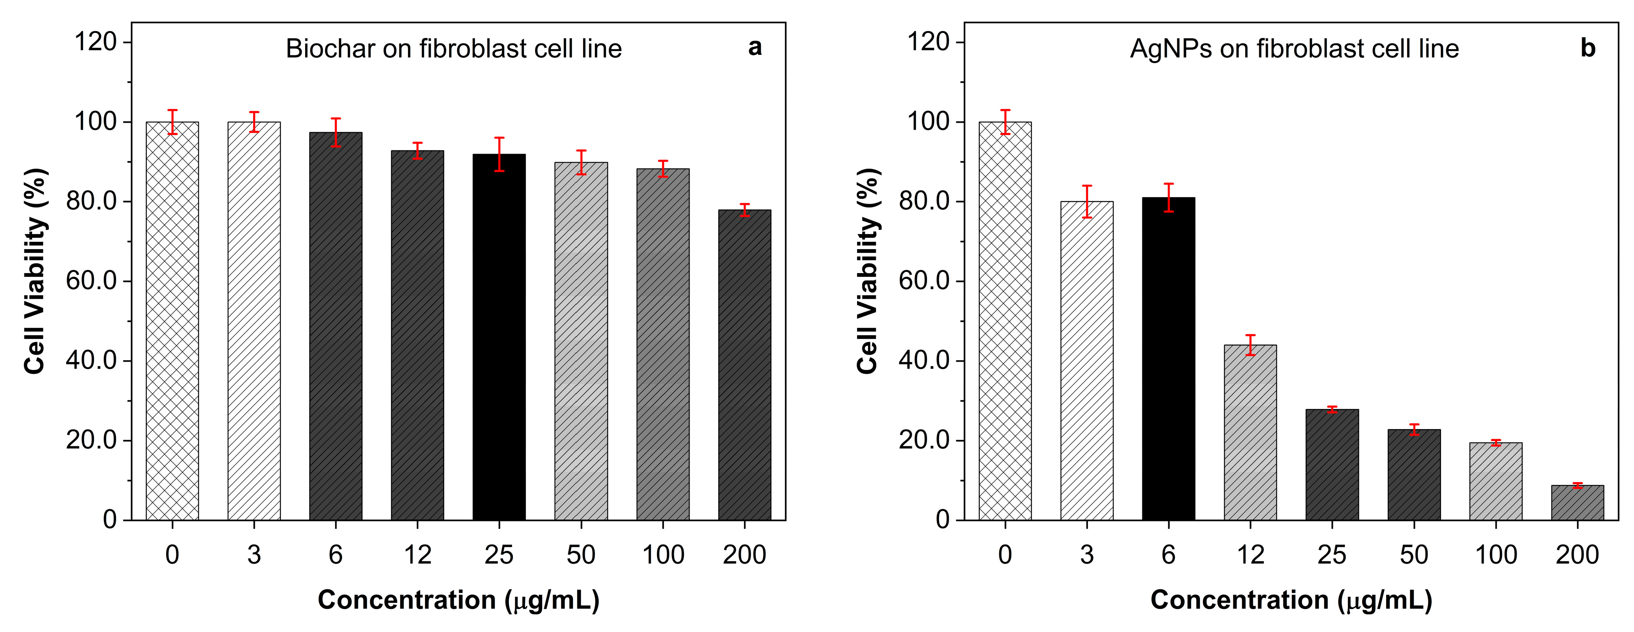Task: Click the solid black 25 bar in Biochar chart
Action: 499,336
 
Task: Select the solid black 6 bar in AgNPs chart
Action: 1168,358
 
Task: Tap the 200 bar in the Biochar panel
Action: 745,365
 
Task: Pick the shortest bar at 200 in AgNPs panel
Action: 1578,503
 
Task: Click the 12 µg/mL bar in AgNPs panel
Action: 1250,432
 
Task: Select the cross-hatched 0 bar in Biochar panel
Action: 172,320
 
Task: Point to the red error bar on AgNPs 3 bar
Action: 1087,202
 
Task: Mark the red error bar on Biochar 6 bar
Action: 336,132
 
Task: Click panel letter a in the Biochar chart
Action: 755,47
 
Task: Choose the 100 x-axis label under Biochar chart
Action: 663,555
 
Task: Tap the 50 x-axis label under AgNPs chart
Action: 1414,555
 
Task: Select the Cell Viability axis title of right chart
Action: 868,271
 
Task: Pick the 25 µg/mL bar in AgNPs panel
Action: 1332,465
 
